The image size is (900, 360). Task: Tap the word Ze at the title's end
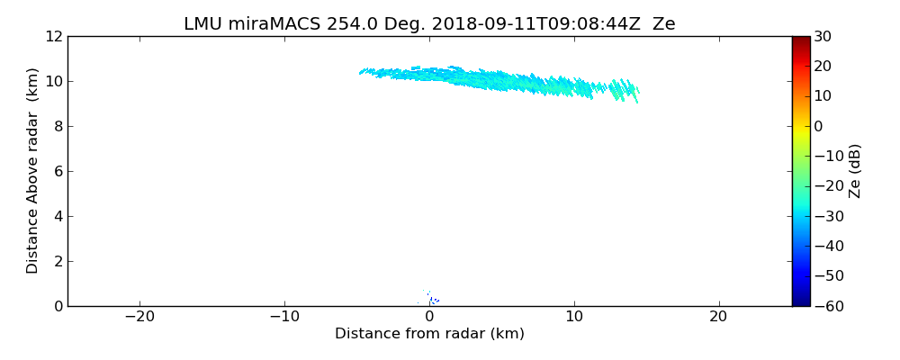(663, 24)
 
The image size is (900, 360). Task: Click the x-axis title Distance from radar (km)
(429, 334)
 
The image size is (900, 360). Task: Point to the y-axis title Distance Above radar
(33, 171)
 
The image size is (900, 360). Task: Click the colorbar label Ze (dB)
(855, 171)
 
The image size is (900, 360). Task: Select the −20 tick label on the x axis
(139, 317)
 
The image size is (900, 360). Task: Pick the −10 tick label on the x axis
(284, 317)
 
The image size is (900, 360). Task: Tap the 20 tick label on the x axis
(718, 317)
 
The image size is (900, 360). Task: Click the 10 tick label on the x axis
(574, 317)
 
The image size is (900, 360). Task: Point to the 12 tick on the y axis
(53, 36)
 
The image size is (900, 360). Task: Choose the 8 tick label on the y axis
(58, 126)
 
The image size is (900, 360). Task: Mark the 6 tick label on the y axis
(58, 171)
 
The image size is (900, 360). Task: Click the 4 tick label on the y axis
(58, 216)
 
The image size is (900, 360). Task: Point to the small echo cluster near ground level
(431, 299)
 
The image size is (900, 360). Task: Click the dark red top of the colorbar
(800, 40)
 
